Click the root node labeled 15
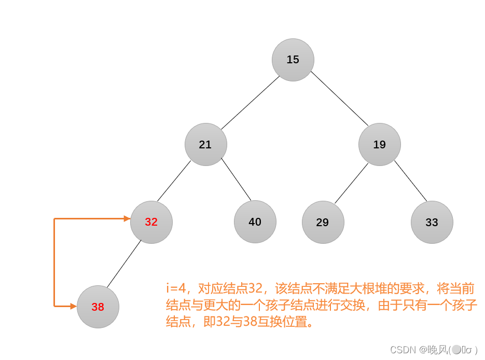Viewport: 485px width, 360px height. pyautogui.click(x=293, y=60)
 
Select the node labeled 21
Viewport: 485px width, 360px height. pyautogui.click(x=206, y=144)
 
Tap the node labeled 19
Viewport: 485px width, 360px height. pyautogui.click(x=380, y=144)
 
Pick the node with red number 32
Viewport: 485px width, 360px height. pyautogui.click(x=151, y=222)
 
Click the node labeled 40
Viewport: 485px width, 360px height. pyautogui.click(x=255, y=222)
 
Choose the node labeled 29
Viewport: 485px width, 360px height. pyautogui.click(x=323, y=222)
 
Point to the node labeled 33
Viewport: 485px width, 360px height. pyautogui.click(x=432, y=222)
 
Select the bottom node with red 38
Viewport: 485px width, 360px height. pyautogui.click(x=98, y=307)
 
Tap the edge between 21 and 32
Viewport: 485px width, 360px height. pyautogui.click(x=174, y=181)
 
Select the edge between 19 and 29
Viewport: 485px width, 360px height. pyautogui.click(x=351, y=183)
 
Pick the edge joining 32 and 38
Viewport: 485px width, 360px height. pyautogui.click(x=124, y=264)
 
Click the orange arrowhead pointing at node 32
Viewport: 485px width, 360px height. pyautogui.click(x=127, y=219)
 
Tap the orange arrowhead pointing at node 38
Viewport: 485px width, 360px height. pyautogui.click(x=74, y=306)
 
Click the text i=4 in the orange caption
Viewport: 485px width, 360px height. pyautogui.click(x=174, y=289)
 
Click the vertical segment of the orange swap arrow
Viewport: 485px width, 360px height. pyautogui.click(x=54, y=262)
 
